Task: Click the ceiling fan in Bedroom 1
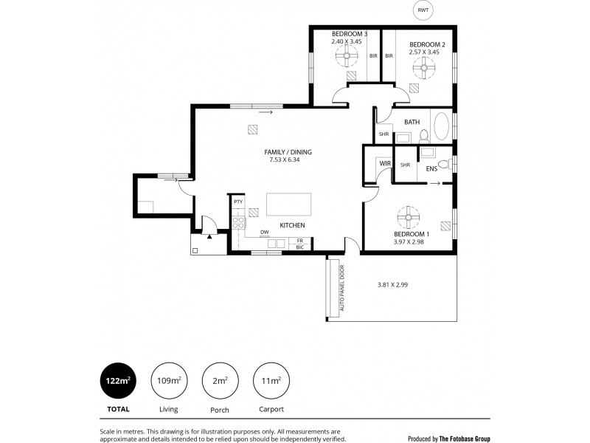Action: [408, 216]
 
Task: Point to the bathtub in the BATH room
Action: [441, 126]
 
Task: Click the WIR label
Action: [384, 164]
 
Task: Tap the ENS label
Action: [431, 169]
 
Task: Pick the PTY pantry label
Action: [238, 202]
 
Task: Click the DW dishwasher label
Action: [263, 233]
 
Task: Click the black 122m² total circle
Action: [118, 380]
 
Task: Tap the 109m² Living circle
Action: [169, 380]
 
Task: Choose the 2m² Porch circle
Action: [220, 380]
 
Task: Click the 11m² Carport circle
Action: [271, 380]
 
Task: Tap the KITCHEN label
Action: [292, 225]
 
